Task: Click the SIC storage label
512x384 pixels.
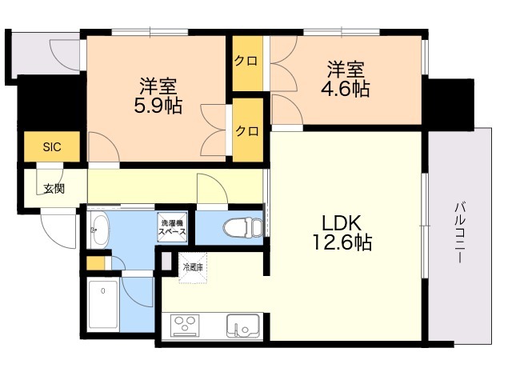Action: point(52,147)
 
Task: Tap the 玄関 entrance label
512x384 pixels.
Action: point(54,189)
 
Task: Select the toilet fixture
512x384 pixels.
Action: point(242,226)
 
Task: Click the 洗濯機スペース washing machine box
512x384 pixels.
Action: point(172,227)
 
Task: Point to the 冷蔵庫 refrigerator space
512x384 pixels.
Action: point(193,267)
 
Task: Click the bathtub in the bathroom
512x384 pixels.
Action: point(103,304)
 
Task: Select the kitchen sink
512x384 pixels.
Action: point(243,326)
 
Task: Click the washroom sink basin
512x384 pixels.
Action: point(99,230)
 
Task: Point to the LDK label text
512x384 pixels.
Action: point(342,223)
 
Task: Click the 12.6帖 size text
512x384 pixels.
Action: point(342,242)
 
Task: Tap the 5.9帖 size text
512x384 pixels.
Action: point(158,106)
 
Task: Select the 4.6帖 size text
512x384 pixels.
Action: point(346,88)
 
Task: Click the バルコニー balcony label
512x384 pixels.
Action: point(460,233)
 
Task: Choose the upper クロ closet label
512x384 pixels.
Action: point(246,61)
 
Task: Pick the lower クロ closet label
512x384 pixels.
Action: point(247,131)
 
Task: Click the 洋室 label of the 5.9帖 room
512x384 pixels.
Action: point(158,86)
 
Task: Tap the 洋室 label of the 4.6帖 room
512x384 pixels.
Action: point(346,70)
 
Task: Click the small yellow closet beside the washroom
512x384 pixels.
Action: point(95,263)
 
